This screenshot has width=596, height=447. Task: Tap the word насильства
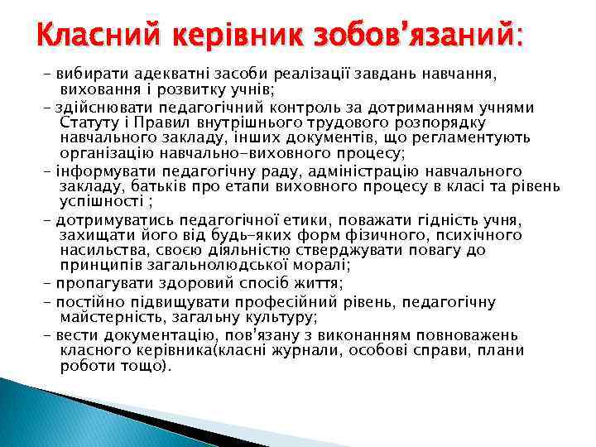pyautogui.click(x=101, y=250)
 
